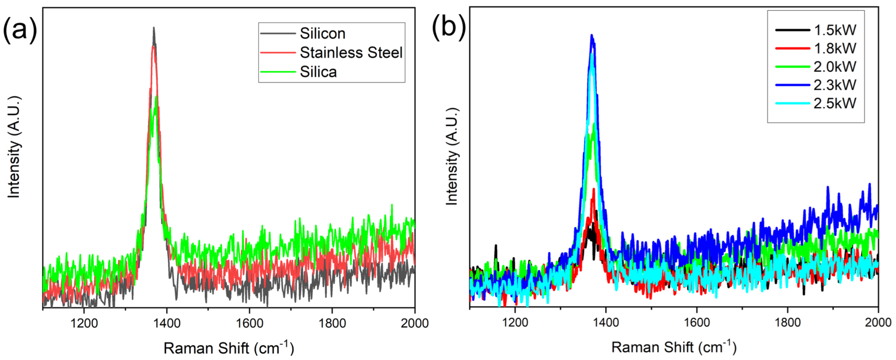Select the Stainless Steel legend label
point(351,52)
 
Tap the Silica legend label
point(318,72)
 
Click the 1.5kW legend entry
point(834,30)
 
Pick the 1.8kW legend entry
point(834,48)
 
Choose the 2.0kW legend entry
point(834,67)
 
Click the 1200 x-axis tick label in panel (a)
point(84,323)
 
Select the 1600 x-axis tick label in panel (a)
point(249,323)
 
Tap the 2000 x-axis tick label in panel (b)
point(878,323)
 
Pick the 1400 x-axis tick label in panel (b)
point(606,323)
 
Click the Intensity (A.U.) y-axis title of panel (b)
point(452,156)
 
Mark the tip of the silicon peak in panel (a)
point(154,28)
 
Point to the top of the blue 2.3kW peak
point(592,35)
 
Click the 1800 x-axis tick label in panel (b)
point(787,323)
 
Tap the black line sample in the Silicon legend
point(278,33)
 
